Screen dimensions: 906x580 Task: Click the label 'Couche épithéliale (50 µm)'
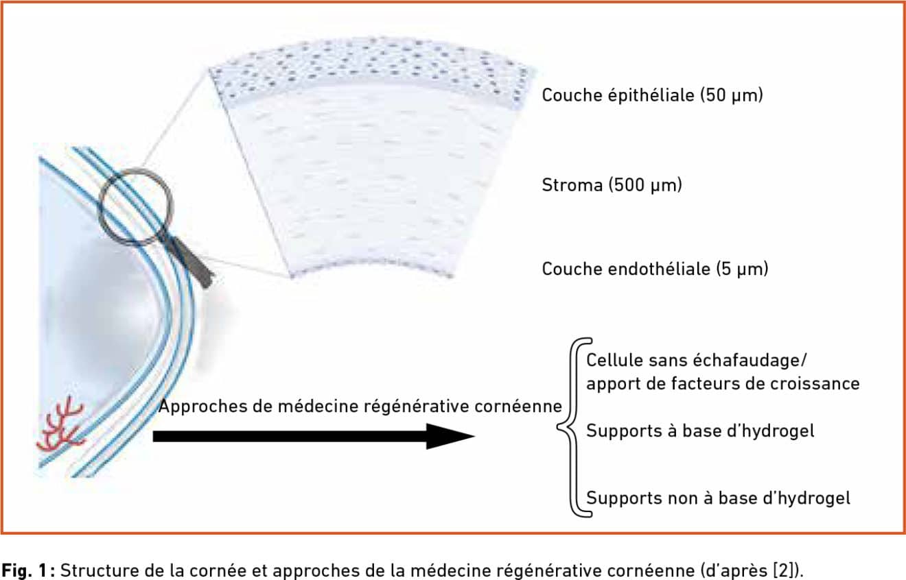click(653, 95)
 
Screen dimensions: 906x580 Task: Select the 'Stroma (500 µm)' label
click(612, 185)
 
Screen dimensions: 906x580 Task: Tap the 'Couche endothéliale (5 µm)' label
click(655, 269)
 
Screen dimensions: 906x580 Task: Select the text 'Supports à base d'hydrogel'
click(700, 431)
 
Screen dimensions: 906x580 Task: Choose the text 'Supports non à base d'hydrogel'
click(719, 498)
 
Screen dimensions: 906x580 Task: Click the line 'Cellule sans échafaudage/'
click(697, 361)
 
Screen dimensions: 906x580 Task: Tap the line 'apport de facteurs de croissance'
click(723, 384)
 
